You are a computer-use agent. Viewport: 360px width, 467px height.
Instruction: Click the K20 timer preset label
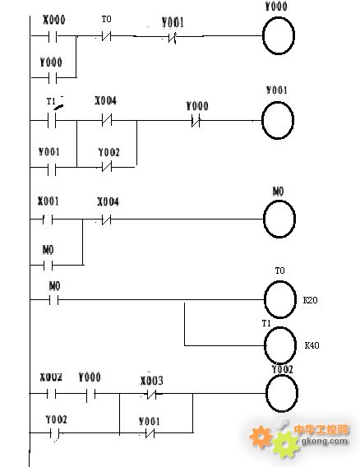pos(310,300)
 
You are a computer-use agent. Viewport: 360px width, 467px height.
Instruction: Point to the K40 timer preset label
pos(312,345)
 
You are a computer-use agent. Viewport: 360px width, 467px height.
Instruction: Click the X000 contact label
pos(54,20)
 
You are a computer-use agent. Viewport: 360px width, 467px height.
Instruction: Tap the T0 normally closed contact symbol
pos(106,36)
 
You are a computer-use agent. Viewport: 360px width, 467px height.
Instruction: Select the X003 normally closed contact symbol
pos(151,395)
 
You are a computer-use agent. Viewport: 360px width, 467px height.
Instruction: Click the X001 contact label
pos(48,201)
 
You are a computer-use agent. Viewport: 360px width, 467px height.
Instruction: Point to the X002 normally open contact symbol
pos(51,394)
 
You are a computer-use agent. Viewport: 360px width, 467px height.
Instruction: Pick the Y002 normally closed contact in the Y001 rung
pos(107,166)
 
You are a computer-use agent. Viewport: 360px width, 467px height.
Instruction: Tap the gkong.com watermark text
pos(325,441)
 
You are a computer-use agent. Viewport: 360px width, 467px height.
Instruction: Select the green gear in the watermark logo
pos(285,445)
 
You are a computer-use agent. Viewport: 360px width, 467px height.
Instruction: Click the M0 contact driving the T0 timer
pos(54,300)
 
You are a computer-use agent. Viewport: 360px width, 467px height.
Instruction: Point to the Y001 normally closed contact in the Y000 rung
pos(173,38)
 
